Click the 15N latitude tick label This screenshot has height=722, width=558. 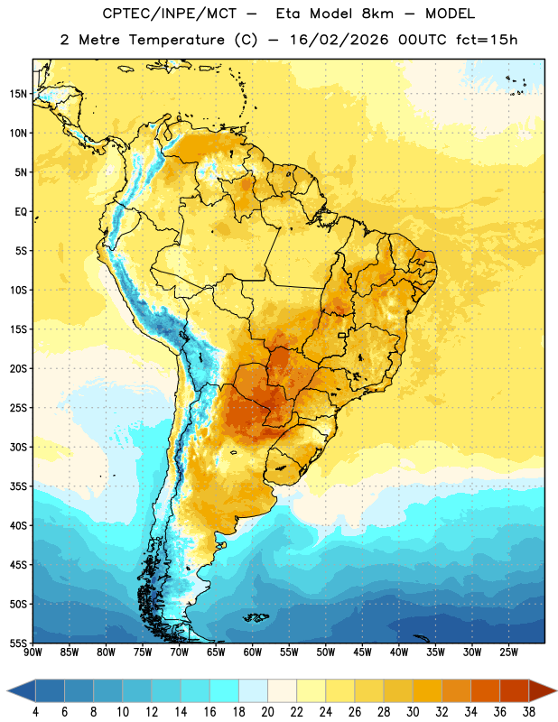click(x=18, y=94)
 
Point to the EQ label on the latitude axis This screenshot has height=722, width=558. click(x=21, y=212)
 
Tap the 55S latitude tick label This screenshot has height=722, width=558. click(x=18, y=643)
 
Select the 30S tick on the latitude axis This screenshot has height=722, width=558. click(x=18, y=447)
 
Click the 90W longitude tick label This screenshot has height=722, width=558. click(x=33, y=653)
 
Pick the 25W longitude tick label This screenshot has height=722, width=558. click(x=508, y=653)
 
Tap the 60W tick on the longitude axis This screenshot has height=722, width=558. click(x=253, y=653)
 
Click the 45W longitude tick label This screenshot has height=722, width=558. click(x=362, y=653)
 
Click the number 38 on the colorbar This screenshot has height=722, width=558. click(x=529, y=712)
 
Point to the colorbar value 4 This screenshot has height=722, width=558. click(x=35, y=712)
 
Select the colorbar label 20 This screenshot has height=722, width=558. click(x=267, y=712)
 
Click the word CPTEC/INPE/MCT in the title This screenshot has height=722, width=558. click(x=170, y=14)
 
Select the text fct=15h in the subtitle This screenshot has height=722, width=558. click(x=487, y=40)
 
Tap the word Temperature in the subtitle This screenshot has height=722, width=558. click(x=176, y=40)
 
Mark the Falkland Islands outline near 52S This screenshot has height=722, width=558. click(x=256, y=617)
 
